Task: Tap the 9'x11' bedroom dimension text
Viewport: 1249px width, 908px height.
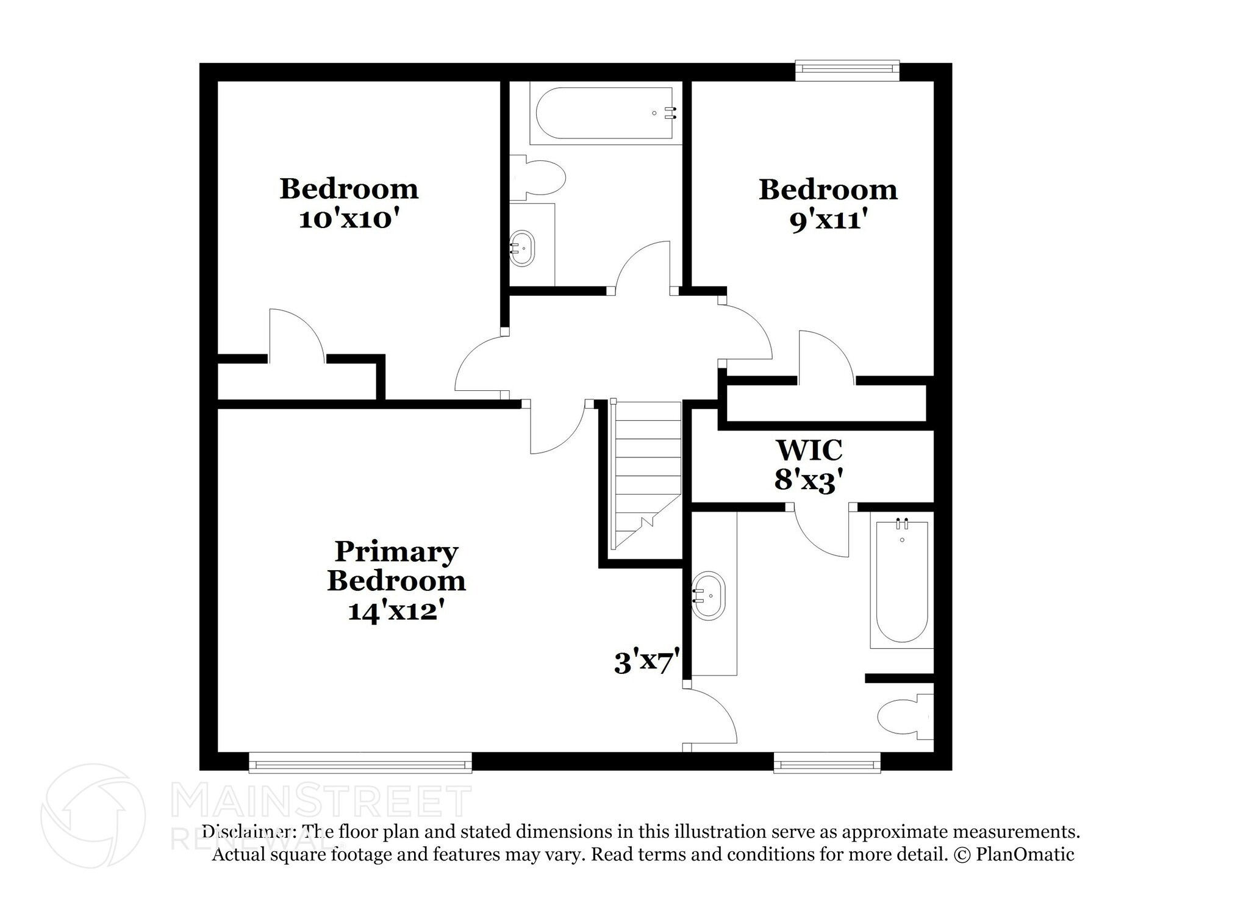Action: point(828,220)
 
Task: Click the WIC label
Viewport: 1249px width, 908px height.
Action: point(809,451)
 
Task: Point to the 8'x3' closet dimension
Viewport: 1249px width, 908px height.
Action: point(809,481)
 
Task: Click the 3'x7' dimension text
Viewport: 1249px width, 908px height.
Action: point(646,663)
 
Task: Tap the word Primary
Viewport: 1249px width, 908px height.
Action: point(396,552)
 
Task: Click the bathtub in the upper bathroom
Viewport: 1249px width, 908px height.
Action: point(604,114)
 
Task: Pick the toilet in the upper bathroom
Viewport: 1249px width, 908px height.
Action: point(540,177)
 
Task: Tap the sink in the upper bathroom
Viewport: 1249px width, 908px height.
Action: point(522,248)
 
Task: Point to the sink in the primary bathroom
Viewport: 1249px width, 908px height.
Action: point(709,596)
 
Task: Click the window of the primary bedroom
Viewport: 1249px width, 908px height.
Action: point(360,762)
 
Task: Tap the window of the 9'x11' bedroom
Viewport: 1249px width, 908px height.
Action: point(848,70)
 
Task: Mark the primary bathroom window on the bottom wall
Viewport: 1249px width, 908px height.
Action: point(827,762)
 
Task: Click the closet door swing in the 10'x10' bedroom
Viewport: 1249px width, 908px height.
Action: point(296,335)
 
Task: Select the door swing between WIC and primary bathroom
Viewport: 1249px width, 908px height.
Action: point(821,531)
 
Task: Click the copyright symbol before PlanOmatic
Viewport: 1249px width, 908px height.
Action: point(961,854)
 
